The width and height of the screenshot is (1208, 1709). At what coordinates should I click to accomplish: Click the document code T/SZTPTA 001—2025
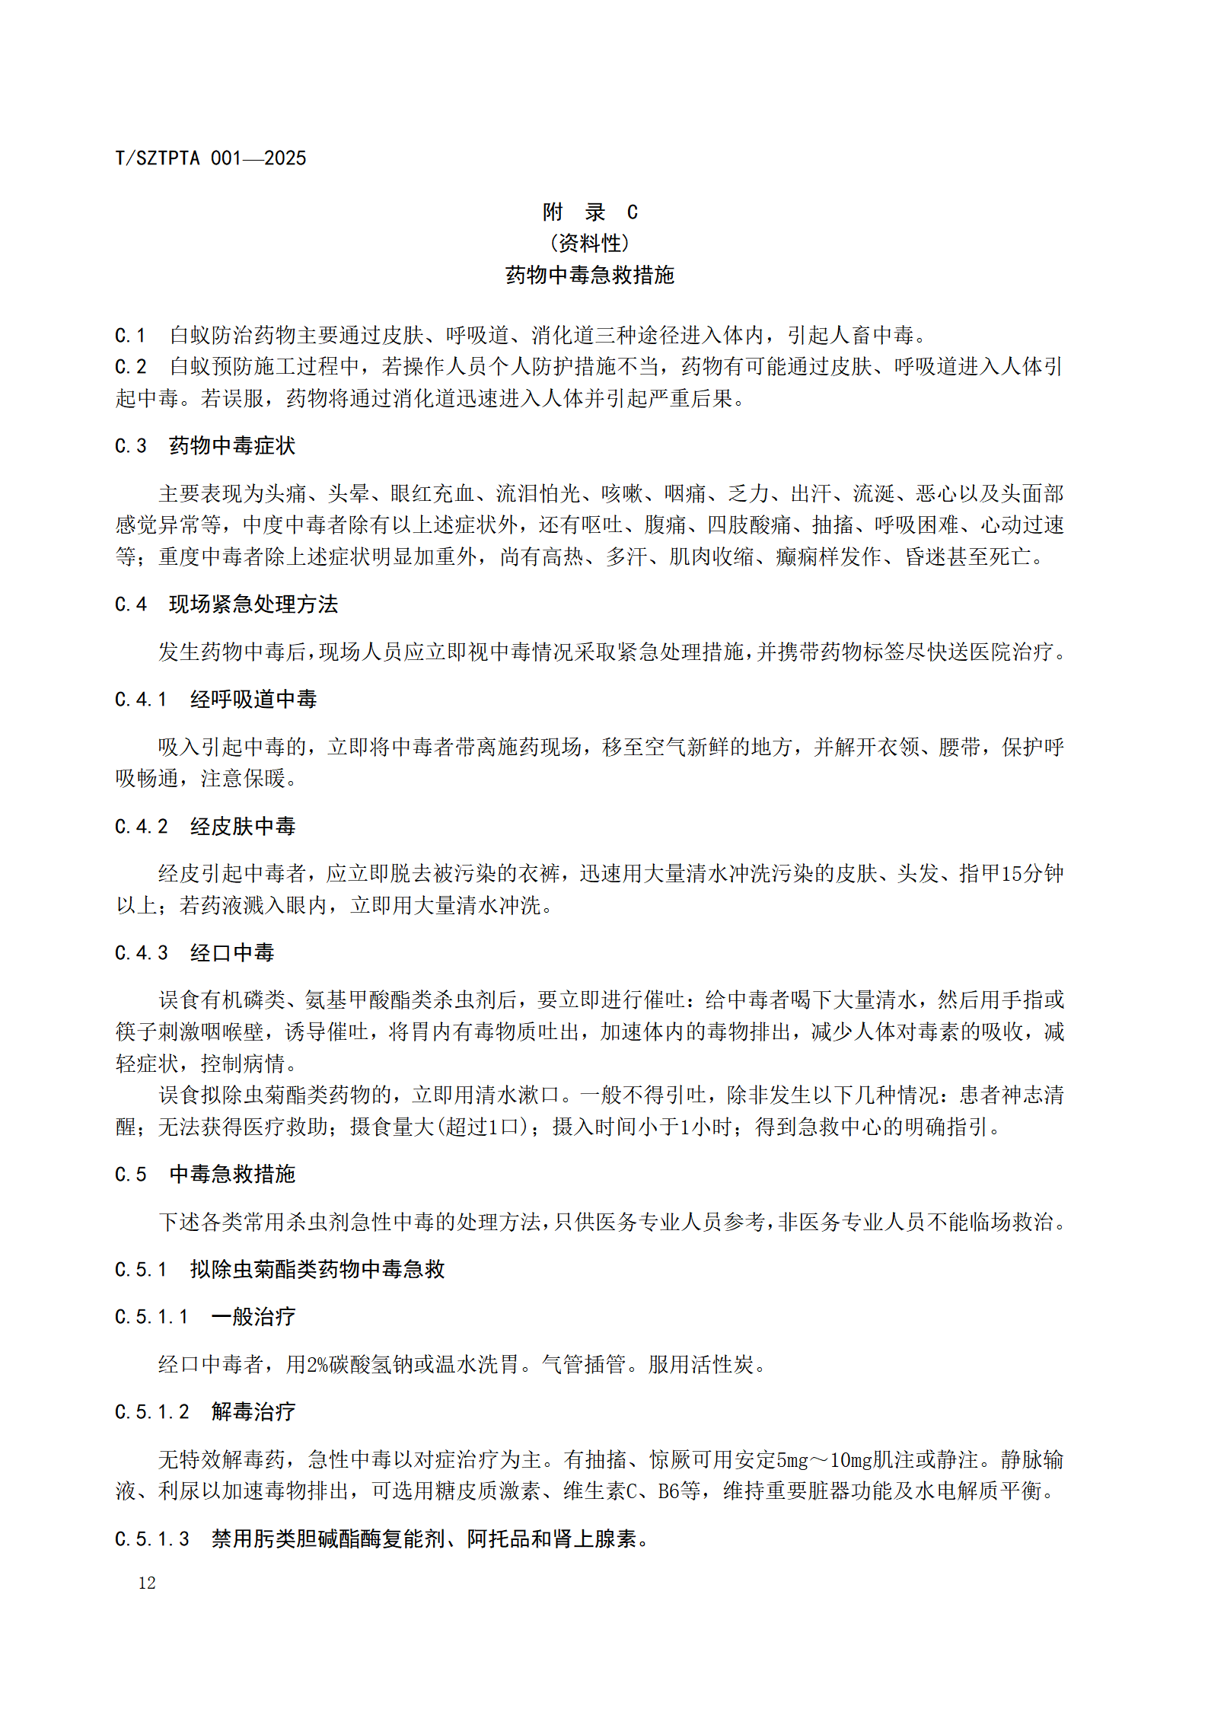(x=210, y=158)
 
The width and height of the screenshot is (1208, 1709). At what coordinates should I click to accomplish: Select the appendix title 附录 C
(x=590, y=212)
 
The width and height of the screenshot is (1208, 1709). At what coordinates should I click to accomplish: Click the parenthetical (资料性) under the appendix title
(x=590, y=244)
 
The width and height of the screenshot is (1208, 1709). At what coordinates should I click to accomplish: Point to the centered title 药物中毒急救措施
(x=590, y=275)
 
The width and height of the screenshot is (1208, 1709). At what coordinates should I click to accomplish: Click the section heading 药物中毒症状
(x=232, y=445)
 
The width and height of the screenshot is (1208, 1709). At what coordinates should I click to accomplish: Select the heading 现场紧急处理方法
(x=253, y=604)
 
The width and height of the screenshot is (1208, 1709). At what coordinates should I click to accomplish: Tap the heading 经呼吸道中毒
(x=253, y=699)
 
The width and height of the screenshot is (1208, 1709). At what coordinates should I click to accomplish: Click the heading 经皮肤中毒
(x=243, y=826)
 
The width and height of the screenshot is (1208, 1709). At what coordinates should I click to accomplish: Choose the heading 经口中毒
(x=232, y=952)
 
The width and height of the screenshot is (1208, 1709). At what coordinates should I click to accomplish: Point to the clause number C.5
(x=130, y=1175)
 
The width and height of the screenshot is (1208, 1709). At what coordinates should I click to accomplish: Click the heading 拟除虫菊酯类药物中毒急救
(x=317, y=1269)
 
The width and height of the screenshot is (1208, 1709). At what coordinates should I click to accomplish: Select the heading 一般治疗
(x=253, y=1316)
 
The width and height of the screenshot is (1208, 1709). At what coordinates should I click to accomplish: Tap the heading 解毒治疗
(x=253, y=1411)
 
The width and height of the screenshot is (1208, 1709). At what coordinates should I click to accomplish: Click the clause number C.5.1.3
(x=151, y=1538)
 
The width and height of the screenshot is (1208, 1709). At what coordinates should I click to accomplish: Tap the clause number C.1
(x=130, y=336)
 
